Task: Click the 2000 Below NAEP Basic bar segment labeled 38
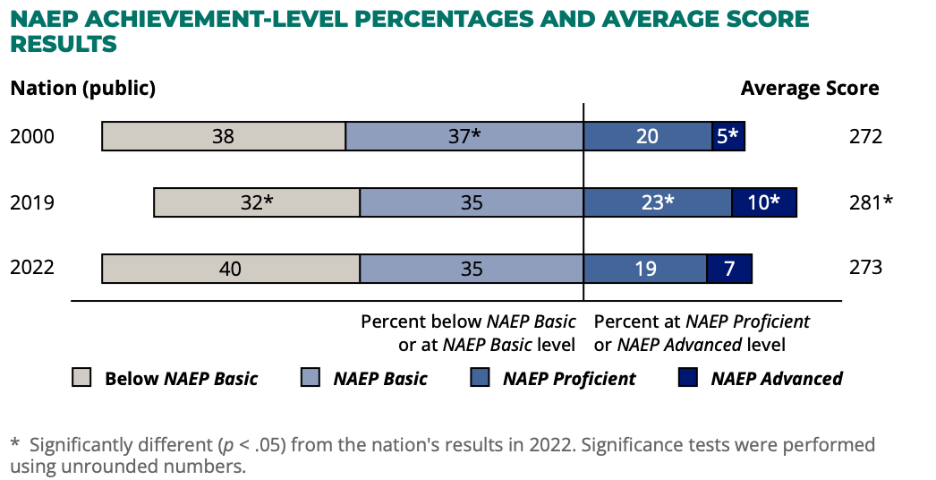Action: (x=224, y=136)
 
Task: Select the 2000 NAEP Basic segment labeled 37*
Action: (x=464, y=136)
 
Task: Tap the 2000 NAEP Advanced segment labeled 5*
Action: (x=728, y=136)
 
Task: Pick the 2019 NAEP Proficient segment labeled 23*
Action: (x=658, y=202)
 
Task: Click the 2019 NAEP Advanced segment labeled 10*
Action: (x=764, y=202)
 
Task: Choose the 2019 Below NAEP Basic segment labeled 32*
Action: (x=257, y=202)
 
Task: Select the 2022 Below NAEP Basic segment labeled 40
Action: (x=231, y=269)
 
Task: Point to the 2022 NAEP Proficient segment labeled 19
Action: (x=645, y=269)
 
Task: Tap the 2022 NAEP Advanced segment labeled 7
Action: (x=729, y=269)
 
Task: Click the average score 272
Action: (x=865, y=136)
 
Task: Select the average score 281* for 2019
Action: (x=870, y=202)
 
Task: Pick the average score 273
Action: (x=865, y=268)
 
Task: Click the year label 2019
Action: (x=32, y=202)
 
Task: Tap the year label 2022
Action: (x=32, y=268)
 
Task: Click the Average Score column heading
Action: (x=810, y=88)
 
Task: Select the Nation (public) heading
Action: (x=83, y=88)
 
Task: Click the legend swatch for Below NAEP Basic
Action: (x=81, y=378)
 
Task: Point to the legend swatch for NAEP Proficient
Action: (x=480, y=378)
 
